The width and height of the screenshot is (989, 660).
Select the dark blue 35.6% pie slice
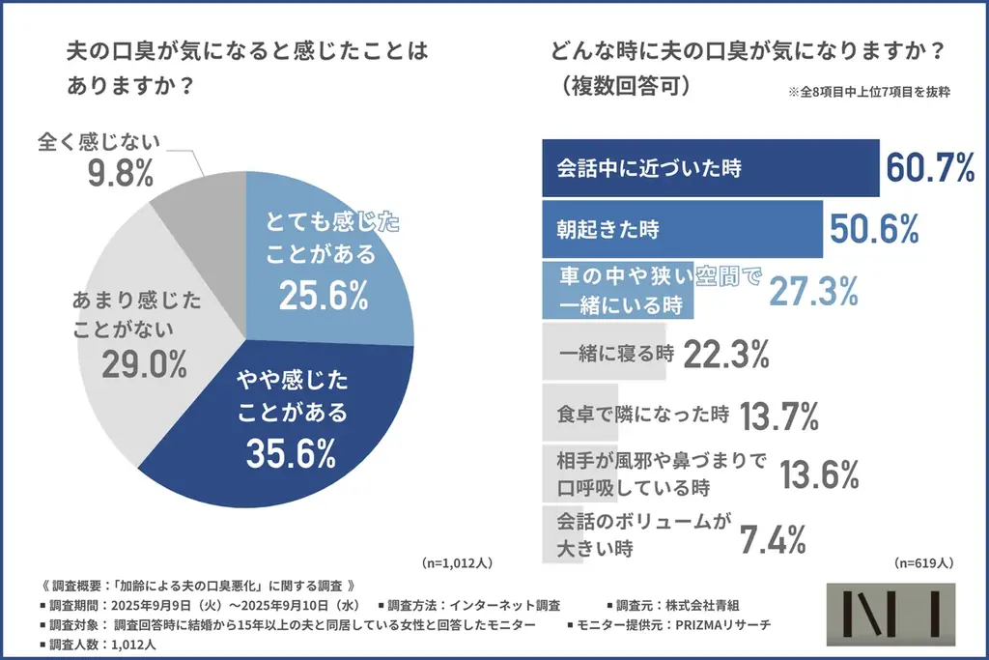(x=299, y=425)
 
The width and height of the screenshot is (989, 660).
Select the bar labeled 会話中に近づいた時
(x=710, y=168)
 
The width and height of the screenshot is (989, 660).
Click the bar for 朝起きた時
(x=682, y=230)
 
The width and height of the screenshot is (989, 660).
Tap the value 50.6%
(x=873, y=230)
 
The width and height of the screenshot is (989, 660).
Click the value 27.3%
(x=814, y=290)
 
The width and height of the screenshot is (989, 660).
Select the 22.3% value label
(x=725, y=355)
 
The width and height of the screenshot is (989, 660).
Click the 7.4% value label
(x=772, y=539)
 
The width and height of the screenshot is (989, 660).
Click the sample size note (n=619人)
(x=924, y=562)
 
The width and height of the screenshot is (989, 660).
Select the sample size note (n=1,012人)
(x=458, y=562)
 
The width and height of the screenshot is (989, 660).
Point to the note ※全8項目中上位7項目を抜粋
(x=869, y=93)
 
